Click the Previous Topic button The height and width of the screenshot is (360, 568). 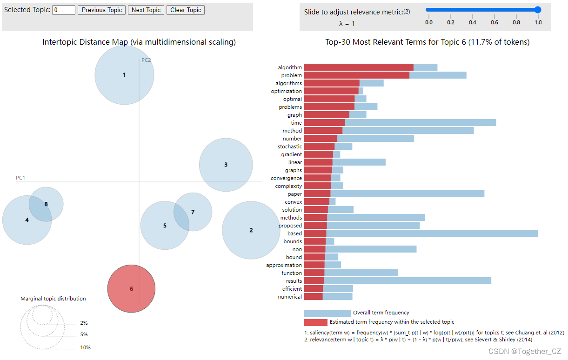click(x=101, y=10)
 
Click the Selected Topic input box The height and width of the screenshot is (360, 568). click(x=64, y=10)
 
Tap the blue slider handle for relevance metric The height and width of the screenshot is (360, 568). click(x=538, y=9)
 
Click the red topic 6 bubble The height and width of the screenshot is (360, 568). click(x=131, y=288)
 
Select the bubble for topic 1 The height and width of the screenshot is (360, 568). click(x=124, y=75)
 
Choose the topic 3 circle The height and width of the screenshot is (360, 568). click(x=226, y=165)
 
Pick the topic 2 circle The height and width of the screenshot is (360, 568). click(x=251, y=230)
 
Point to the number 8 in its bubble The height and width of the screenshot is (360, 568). click(x=46, y=204)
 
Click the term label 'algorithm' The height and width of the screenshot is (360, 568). click(x=290, y=67)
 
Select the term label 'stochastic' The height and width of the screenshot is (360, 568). click(x=289, y=147)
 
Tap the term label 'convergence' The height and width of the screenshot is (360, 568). click(x=286, y=178)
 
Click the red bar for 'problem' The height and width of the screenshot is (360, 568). click(x=357, y=75)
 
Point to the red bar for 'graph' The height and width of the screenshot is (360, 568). click(x=327, y=115)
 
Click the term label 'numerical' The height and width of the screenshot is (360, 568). click(x=290, y=297)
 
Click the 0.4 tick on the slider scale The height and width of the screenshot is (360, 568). click(x=473, y=22)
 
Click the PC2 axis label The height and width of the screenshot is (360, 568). click(x=146, y=60)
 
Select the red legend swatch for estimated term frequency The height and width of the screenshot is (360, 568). click(x=316, y=322)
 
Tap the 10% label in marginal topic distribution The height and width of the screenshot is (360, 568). click(x=85, y=347)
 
